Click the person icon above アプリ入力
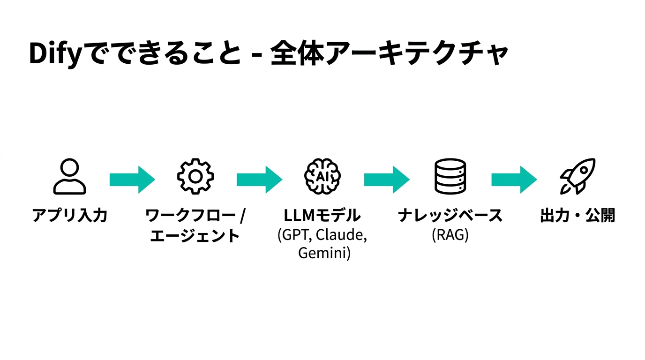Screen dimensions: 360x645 [x=69, y=177]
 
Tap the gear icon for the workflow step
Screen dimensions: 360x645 [x=195, y=177]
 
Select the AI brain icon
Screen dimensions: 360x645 [x=322, y=177]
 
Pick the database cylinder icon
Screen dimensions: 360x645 [x=450, y=177]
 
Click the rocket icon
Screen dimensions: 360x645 [x=577, y=177]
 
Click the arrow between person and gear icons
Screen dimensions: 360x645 [x=132, y=179]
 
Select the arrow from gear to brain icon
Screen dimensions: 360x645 [x=259, y=179]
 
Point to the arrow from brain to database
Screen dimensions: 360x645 [x=387, y=179]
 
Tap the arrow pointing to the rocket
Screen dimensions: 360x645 [x=514, y=179]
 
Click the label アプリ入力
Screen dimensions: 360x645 [x=70, y=216]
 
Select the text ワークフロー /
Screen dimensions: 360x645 [x=195, y=216]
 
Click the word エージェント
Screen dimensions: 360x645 [x=195, y=235]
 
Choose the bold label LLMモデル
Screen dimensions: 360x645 [x=322, y=216]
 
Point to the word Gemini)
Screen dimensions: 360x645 [x=324, y=254]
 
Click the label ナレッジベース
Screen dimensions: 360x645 [x=450, y=216]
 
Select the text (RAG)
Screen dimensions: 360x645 [x=450, y=235]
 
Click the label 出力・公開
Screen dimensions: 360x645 [x=577, y=216]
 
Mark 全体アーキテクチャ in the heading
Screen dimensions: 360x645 [x=389, y=53]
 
